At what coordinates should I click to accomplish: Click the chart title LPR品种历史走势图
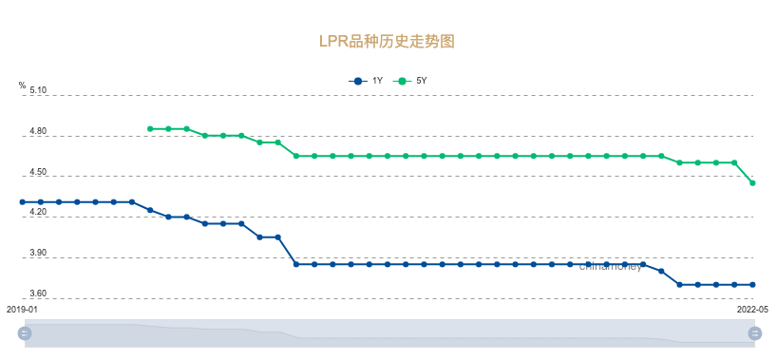coord(387,42)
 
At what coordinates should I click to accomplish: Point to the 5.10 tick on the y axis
coord(38,91)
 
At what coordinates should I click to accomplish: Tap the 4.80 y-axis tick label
coord(38,132)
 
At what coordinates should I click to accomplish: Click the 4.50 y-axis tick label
coord(38,172)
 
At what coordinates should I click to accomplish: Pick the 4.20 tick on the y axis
coord(38,213)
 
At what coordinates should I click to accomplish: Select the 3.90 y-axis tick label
coord(38,254)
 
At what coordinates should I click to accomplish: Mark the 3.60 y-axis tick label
coord(38,294)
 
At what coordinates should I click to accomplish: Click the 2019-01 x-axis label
coord(22,310)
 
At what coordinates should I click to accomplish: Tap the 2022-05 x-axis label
coord(752,310)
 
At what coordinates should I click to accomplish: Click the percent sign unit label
coord(22,85)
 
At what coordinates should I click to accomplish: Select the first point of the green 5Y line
coord(150,129)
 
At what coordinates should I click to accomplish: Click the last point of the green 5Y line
coord(752,183)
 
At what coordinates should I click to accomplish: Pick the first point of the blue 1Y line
coord(22,202)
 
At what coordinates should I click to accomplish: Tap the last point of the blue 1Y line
coord(752,285)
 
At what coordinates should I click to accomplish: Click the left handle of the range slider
coord(25,332)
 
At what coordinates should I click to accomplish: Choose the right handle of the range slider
coord(756,332)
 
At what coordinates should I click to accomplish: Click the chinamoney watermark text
coord(611,267)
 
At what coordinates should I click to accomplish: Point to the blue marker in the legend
coord(357,81)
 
